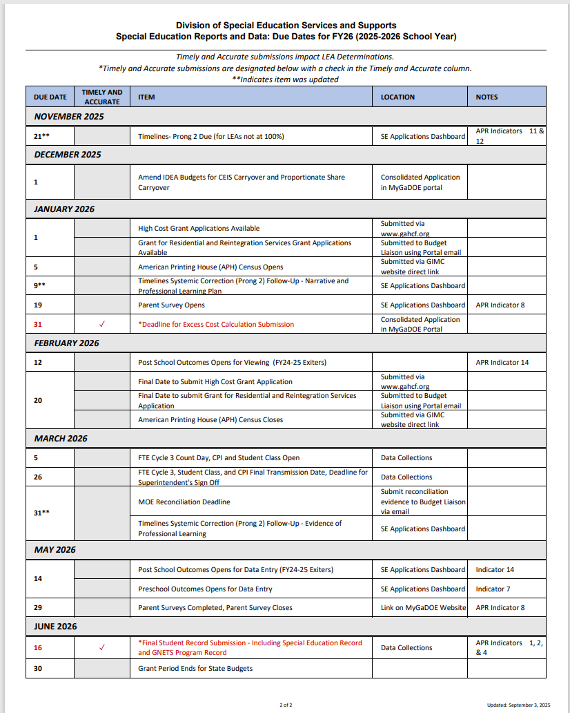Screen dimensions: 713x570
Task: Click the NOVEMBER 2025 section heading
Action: [69, 117]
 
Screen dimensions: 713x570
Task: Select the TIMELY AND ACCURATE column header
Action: [102, 97]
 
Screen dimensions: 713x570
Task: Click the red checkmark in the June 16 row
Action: [102, 647]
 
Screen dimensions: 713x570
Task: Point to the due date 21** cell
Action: [41, 136]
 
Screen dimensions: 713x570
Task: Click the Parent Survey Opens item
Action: [171, 305]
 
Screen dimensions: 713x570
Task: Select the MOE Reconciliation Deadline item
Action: [184, 502]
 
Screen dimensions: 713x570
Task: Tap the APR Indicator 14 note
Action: [502, 362]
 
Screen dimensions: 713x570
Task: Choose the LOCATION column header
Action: [397, 97]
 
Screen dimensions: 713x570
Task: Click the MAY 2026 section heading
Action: [55, 550]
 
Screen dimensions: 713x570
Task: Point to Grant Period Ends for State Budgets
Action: [195, 668]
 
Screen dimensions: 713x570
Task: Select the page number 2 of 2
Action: [286, 705]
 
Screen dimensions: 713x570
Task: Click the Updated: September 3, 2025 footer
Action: [518, 705]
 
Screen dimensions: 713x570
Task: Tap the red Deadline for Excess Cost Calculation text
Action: [216, 324]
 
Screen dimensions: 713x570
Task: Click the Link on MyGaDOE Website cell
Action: [423, 607]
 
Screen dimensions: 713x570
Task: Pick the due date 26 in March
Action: [39, 477]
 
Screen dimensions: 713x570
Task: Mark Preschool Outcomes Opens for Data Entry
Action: [205, 589]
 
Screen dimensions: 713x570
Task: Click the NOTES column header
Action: [487, 97]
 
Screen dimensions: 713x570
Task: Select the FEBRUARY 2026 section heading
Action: [67, 343]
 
